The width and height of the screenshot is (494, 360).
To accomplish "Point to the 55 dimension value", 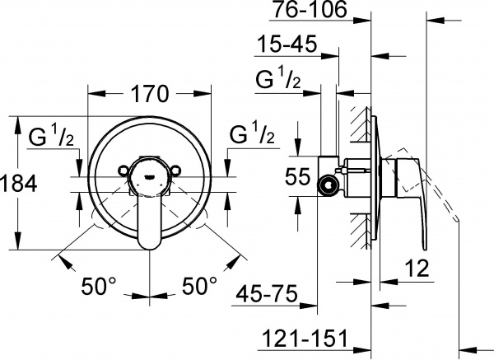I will click(x=300, y=175).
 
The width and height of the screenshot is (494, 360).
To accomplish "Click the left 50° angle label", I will click(x=100, y=287).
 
